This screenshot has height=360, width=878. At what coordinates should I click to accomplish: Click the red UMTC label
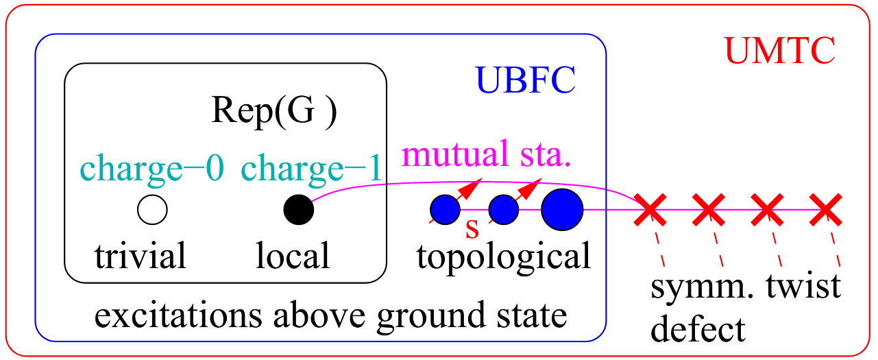(x=780, y=50)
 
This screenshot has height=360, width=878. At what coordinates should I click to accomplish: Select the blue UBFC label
(x=526, y=82)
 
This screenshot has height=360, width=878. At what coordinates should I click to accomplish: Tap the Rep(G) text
(x=273, y=112)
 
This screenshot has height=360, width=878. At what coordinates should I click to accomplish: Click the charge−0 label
(x=152, y=169)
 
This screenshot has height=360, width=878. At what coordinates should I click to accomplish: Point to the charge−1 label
(x=310, y=169)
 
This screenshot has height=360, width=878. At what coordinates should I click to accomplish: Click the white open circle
(x=152, y=210)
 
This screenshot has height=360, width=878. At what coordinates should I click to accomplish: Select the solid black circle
(x=299, y=210)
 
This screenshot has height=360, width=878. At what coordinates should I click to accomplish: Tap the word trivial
(x=141, y=256)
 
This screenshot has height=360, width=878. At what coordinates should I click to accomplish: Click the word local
(x=293, y=256)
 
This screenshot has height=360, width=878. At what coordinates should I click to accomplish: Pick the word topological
(x=504, y=256)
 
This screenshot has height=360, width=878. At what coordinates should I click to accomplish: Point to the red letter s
(x=472, y=228)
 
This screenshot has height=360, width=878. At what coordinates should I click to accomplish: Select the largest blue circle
(x=561, y=210)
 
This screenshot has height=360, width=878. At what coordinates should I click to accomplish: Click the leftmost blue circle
(x=445, y=210)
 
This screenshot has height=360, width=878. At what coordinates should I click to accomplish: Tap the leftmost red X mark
(x=649, y=210)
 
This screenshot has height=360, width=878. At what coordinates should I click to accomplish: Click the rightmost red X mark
(x=825, y=210)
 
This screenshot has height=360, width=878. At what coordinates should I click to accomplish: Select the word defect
(x=697, y=330)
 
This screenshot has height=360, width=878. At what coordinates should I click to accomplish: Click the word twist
(x=803, y=287)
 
